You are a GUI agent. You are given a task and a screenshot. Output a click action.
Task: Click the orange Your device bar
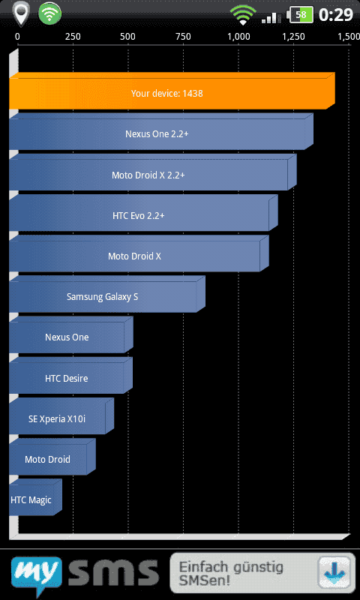click(x=172, y=91)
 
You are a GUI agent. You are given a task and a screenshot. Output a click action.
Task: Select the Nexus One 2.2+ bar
click(x=161, y=132)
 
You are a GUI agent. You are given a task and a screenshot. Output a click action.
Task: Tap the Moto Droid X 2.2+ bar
click(x=153, y=172)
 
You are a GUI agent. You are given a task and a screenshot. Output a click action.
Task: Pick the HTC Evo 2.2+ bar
click(x=143, y=213)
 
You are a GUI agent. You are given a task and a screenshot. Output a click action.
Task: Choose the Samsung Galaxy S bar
click(x=107, y=294)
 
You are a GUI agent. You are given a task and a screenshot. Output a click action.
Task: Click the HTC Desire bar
click(x=71, y=376)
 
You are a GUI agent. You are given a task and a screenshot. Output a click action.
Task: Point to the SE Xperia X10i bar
click(x=61, y=416)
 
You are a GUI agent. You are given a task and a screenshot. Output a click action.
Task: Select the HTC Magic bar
click(x=35, y=497)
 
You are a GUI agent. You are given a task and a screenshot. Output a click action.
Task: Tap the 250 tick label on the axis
click(x=73, y=37)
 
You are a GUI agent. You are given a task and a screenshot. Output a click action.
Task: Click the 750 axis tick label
click(x=183, y=37)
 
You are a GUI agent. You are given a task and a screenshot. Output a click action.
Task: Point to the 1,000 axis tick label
click(x=239, y=37)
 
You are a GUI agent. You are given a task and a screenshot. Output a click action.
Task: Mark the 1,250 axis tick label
click(x=294, y=37)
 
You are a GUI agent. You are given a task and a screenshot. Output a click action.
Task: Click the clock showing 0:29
click(x=335, y=14)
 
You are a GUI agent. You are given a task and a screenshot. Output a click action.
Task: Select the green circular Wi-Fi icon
click(x=49, y=14)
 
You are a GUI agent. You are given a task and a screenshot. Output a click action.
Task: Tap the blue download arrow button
click(x=334, y=573)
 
